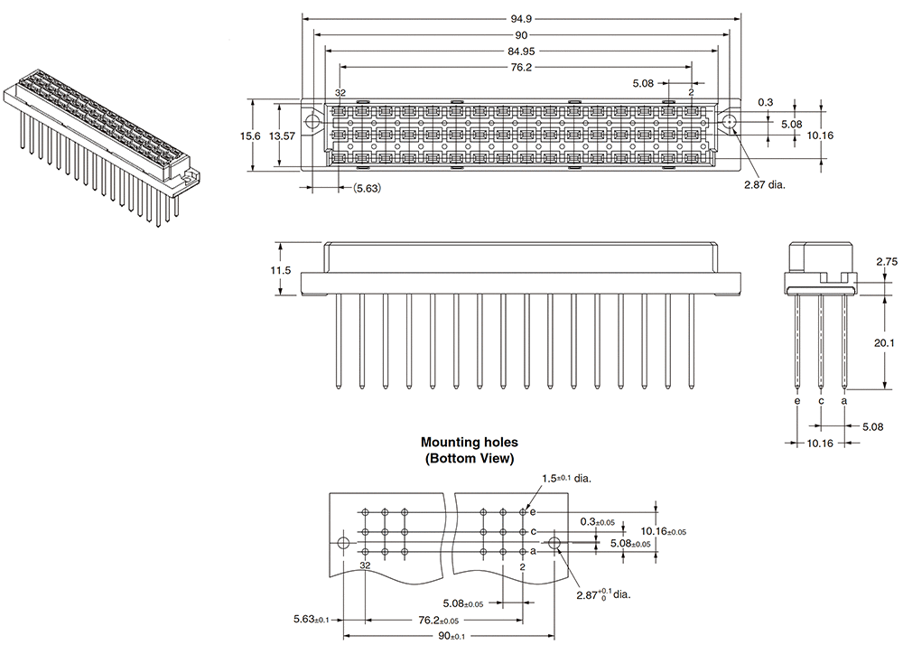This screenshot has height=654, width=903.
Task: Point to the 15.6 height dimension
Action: click(250, 135)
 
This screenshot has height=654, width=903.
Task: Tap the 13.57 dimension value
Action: click(282, 135)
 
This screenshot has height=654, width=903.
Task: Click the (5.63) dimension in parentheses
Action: click(367, 188)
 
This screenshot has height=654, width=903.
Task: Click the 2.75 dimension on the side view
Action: click(886, 261)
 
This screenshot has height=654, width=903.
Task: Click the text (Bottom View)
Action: click(469, 459)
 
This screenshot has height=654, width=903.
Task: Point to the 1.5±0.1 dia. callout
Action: click(566, 479)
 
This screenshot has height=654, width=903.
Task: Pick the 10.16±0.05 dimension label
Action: click(664, 531)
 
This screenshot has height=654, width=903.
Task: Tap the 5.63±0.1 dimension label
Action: click(311, 620)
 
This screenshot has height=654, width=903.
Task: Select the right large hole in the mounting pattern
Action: click(556, 544)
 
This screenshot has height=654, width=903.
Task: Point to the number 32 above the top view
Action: click(340, 93)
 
